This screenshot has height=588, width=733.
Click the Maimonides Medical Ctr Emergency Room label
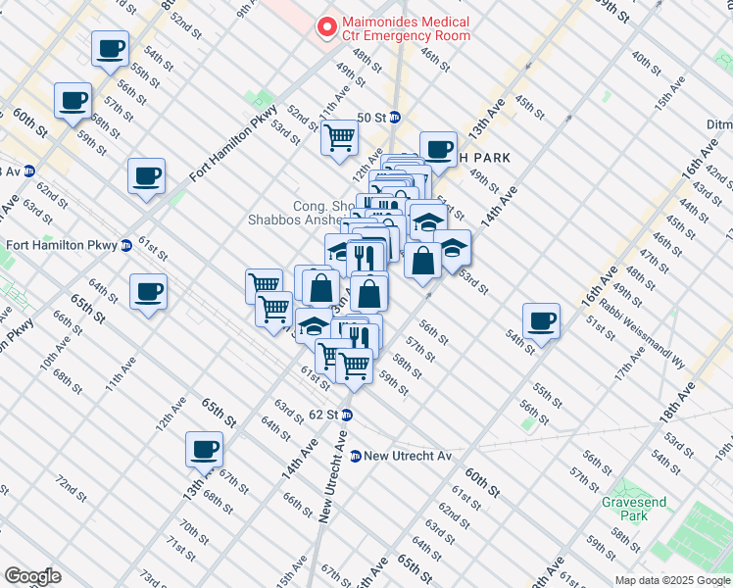(404, 28)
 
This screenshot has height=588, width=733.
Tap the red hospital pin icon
(323, 28)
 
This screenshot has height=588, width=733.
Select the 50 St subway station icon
(395, 118)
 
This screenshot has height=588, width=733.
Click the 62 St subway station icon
(347, 415)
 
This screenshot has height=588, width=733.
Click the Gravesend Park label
(634, 509)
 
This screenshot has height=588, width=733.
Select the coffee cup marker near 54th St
(541, 320)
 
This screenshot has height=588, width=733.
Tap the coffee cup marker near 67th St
(205, 450)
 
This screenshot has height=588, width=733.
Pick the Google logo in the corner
(32, 576)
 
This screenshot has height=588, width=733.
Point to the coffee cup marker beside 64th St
(148, 291)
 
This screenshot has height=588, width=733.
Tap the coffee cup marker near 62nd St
(147, 176)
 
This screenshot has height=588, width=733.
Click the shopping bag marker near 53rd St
(422, 262)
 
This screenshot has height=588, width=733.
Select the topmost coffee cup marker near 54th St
(110, 48)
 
